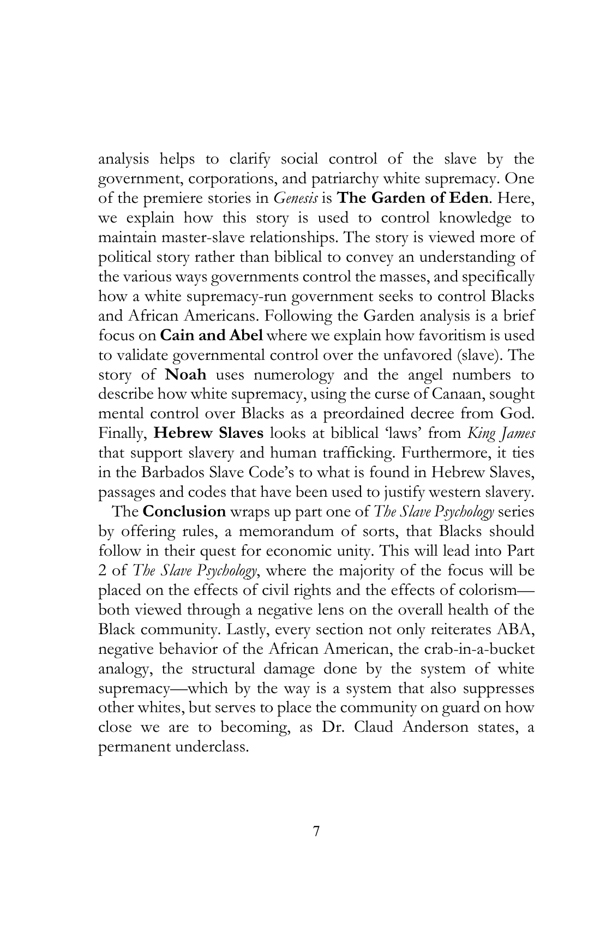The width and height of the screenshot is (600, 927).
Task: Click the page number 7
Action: pos(316,832)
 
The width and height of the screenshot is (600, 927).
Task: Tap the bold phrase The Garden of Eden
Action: pos(413,198)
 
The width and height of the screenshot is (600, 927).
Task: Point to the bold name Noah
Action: pos(185,375)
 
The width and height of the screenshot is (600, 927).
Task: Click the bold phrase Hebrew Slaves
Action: pos(209,434)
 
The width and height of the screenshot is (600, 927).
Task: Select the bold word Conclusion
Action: pos(184,511)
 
